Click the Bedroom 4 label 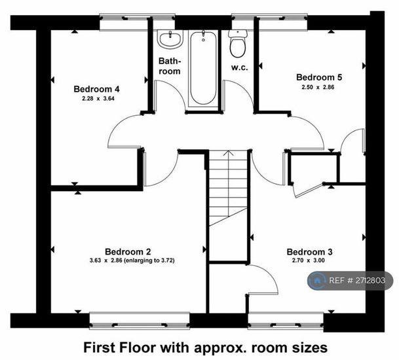coord(96,89)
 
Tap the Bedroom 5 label coord(319,77)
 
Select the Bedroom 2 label coord(128,252)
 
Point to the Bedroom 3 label coord(309,252)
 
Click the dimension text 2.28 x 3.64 coord(98,99)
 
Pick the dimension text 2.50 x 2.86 coord(318,87)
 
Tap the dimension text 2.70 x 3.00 coord(309,261)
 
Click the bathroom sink coord(170,39)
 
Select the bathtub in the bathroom coord(203,68)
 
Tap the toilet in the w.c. coord(238,43)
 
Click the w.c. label coord(239,68)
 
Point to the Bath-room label coord(170,66)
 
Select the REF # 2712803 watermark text coord(357,280)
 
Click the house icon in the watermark coord(317,280)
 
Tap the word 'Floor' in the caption coord(140,348)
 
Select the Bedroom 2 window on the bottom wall coord(140,321)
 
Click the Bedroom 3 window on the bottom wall coord(286,321)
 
